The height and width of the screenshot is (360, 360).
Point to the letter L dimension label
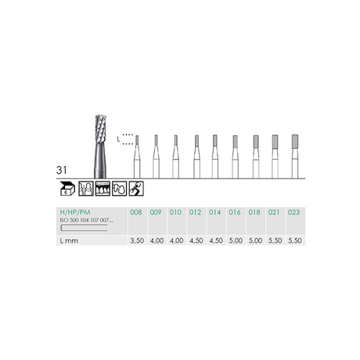coord(119,139)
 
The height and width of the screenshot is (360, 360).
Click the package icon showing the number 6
coord(68,188)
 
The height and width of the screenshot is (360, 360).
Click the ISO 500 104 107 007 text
coord(87,221)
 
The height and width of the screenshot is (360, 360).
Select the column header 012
coord(196,212)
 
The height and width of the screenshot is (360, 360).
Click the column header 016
coord(236,212)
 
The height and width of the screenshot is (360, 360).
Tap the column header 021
coord(275,212)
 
